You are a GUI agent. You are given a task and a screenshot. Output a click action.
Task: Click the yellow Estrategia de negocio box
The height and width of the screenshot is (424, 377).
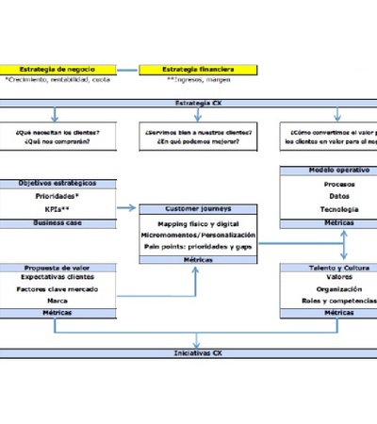pyautogui.click(x=57, y=70)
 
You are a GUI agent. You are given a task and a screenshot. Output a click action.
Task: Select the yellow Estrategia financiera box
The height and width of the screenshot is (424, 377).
pyautogui.click(x=199, y=70)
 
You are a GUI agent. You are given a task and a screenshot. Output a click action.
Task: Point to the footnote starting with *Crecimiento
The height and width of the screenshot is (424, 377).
pyautogui.click(x=57, y=81)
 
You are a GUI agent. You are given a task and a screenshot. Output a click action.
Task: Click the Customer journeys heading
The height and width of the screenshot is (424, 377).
pyautogui.click(x=197, y=207)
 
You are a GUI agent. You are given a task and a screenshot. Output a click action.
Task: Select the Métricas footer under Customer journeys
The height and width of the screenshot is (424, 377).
pyautogui.click(x=198, y=258)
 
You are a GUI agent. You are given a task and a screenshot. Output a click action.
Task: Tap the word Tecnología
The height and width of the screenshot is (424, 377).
pyautogui.click(x=338, y=209)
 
